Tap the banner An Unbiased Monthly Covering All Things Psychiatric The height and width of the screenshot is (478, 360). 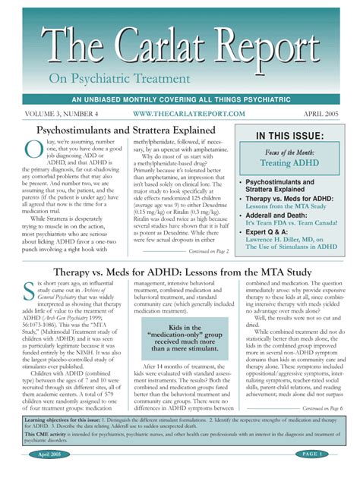pos(180,99)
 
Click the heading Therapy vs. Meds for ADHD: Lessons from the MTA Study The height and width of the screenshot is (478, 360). pos(180,273)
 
